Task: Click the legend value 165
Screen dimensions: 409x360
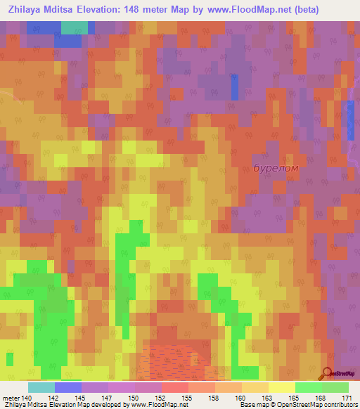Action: click(302, 397)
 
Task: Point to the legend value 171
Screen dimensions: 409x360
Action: click(345, 397)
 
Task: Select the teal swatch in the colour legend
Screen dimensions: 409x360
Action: click(41, 387)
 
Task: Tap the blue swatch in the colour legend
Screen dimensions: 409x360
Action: click(67, 387)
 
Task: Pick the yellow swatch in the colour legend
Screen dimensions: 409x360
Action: click(281, 387)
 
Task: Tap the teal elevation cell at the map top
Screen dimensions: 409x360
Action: click(75, 27)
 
